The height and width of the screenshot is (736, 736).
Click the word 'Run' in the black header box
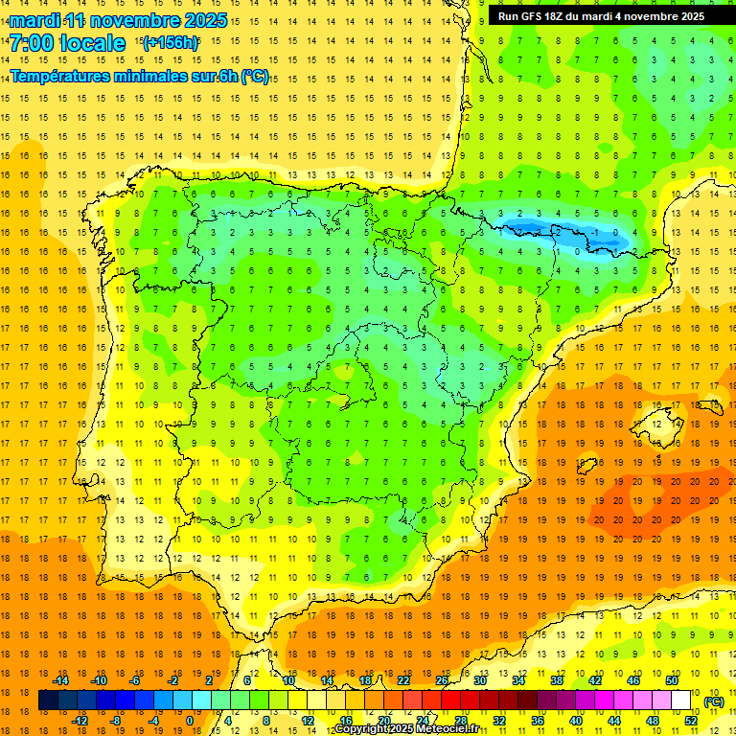[508, 16]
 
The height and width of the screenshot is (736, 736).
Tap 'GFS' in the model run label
[532, 16]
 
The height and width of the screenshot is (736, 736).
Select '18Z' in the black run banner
[556, 16]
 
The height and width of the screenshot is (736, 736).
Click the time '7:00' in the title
[31, 43]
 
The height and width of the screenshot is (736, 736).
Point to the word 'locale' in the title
[91, 43]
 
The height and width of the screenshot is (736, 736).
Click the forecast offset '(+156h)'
[171, 42]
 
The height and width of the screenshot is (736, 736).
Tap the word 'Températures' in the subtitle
[65, 77]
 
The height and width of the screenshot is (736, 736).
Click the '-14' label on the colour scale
[61, 680]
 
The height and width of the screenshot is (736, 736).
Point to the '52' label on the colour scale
[691, 721]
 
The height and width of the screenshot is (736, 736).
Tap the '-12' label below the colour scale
[80, 721]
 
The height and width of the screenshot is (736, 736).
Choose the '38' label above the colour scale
[556, 680]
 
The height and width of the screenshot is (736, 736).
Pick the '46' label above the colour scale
[632, 680]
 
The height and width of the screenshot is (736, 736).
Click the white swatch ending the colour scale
[681, 701]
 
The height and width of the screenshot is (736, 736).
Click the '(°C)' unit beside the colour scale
[714, 701]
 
